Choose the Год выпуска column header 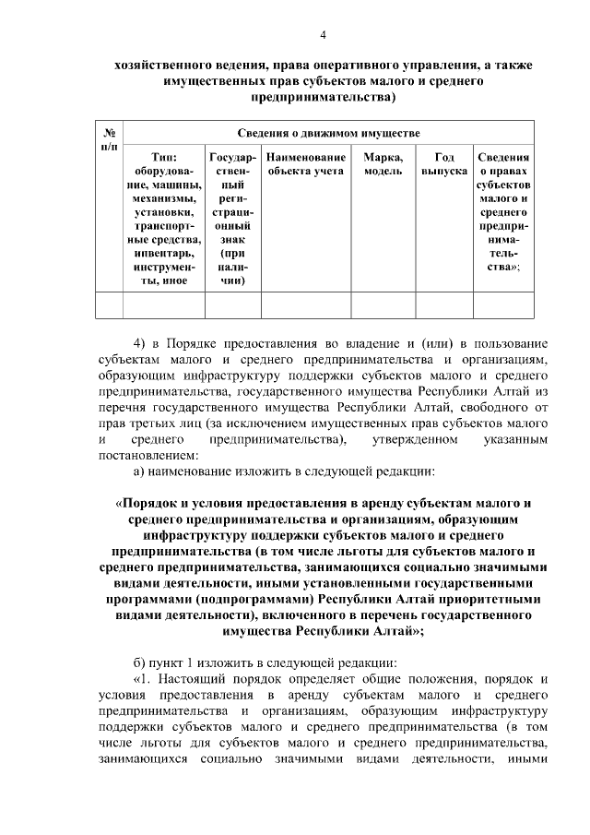point(444,164)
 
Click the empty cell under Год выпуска point(444,304)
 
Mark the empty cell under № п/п point(109,304)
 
